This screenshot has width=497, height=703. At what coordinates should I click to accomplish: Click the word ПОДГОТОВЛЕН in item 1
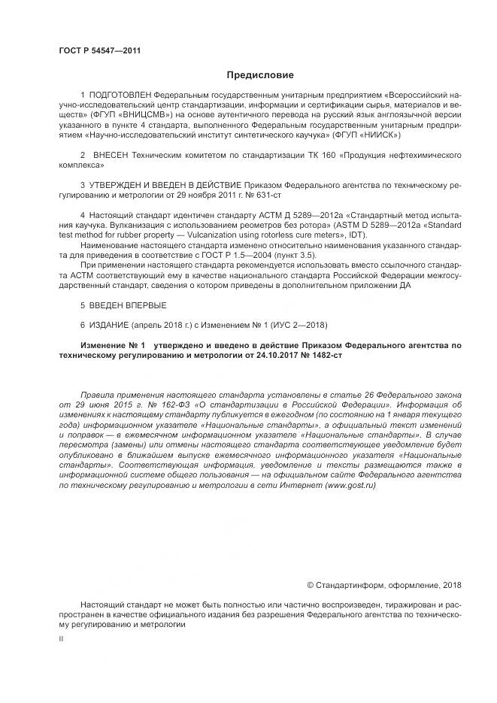tap(114, 98)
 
